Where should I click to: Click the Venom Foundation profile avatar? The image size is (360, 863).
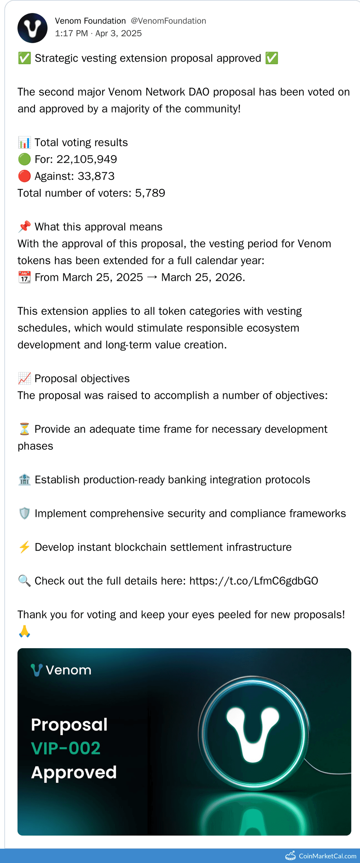coord(32,28)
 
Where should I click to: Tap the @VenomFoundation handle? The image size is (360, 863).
coord(168,21)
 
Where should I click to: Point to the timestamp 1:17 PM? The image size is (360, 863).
coord(71,34)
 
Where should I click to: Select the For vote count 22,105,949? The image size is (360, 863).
coord(86,159)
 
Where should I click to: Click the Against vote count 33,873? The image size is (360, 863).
coord(96,176)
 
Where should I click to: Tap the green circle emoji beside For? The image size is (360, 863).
coord(24,159)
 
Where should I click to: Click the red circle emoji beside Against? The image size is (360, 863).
coord(24,176)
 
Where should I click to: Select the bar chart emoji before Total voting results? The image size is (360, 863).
coord(24,142)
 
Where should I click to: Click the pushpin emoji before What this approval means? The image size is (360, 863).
coord(24,227)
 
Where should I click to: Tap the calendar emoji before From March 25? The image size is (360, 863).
coord(24,277)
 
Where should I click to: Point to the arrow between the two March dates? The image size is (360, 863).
coord(152,277)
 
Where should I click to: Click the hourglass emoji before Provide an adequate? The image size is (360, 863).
coord(24,429)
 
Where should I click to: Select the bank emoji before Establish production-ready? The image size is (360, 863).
coord(24,480)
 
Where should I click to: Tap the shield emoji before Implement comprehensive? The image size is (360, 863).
coord(24,514)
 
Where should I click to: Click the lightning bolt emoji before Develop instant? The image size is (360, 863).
coord(24,547)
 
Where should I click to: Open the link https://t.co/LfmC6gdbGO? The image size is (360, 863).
coord(253,581)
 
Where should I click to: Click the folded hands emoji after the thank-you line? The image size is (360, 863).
coord(24,631)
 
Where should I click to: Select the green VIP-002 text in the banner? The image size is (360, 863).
coord(66,748)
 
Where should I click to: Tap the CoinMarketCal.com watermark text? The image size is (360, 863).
coord(327,856)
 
